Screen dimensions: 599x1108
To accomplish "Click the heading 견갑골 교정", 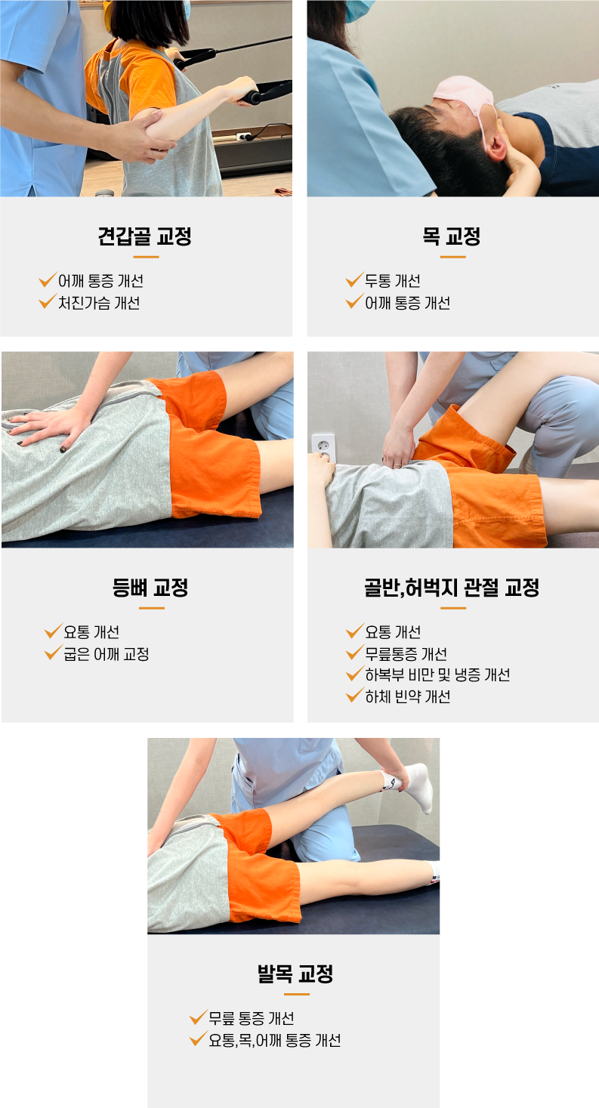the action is [144, 236].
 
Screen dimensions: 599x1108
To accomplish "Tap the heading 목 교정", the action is [452, 236].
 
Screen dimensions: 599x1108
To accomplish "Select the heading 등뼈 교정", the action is [150, 588].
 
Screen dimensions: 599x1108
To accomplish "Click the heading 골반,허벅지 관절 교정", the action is [452, 588].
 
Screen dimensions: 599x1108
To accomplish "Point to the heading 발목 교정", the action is [295, 974].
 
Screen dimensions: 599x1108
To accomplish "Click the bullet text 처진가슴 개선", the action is [99, 303].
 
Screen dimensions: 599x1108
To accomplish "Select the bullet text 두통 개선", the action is [393, 281].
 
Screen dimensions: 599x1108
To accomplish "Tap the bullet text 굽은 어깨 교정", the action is [107, 654].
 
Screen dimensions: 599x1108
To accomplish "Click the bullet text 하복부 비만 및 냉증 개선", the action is [437, 674].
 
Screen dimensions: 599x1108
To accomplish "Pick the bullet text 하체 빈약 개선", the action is [408, 696].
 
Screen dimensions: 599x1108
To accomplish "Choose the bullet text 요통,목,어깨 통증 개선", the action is [274, 1040].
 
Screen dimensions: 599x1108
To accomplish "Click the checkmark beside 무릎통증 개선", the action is [355, 652].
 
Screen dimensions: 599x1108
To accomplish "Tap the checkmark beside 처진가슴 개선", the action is [48, 301].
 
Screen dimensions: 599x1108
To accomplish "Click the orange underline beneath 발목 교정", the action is [297, 994].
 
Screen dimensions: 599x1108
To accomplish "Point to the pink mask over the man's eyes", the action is [465, 97].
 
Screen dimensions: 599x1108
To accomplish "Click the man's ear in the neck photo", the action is [496, 144].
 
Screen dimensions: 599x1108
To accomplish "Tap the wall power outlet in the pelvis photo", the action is [323, 448].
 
